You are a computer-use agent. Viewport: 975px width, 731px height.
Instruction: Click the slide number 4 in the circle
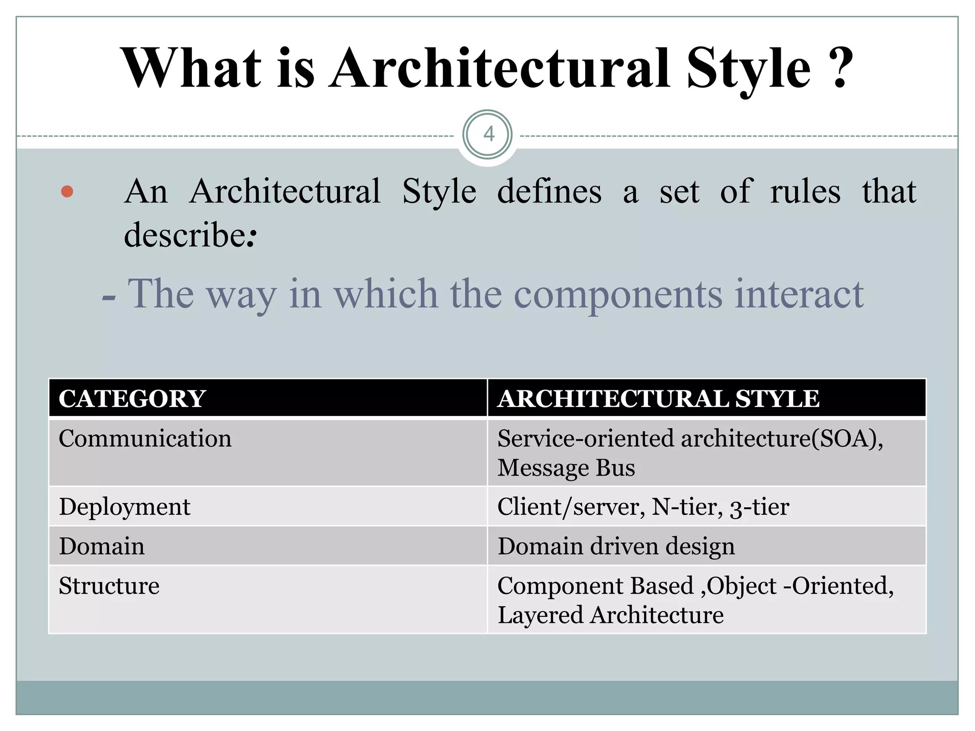pyautogui.click(x=488, y=135)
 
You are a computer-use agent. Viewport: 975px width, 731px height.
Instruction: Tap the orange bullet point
pyautogui.click(x=67, y=191)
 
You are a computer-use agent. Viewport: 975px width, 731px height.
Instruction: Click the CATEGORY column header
pyautogui.click(x=132, y=399)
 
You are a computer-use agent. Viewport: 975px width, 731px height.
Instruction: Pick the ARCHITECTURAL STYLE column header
pyautogui.click(x=658, y=399)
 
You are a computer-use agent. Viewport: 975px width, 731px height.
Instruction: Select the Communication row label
pyautogui.click(x=145, y=438)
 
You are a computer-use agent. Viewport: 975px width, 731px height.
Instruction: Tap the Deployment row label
pyautogui.click(x=124, y=507)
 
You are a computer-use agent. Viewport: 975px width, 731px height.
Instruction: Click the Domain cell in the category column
pyautogui.click(x=101, y=546)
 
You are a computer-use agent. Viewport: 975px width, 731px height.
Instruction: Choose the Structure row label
pyautogui.click(x=109, y=586)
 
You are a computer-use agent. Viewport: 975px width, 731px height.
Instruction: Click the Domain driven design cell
pyautogui.click(x=616, y=546)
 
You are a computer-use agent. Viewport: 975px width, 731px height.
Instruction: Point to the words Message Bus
pyautogui.click(x=566, y=468)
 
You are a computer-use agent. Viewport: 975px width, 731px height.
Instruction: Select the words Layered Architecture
pyautogui.click(x=610, y=615)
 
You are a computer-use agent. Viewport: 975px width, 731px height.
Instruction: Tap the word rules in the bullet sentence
pyautogui.click(x=805, y=191)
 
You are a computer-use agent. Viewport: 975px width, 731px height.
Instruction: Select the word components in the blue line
pyautogui.click(x=618, y=294)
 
